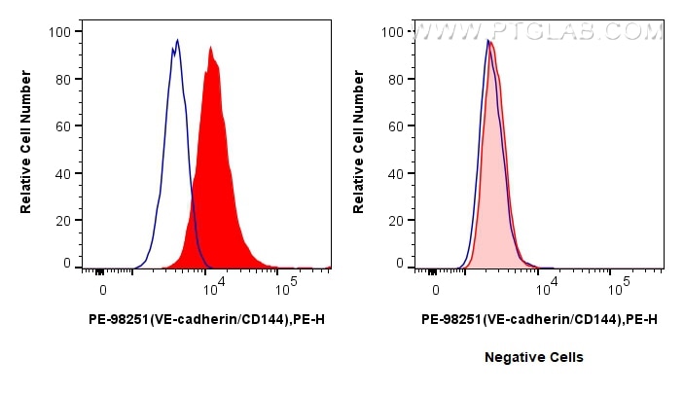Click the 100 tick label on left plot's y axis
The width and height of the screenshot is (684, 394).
pos(58,31)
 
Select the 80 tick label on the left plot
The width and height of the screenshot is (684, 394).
pos(61,79)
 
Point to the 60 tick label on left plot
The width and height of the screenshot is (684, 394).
pos(61,125)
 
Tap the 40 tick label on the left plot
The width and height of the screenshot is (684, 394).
pos(61,173)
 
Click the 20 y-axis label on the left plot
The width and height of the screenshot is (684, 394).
pos(61,220)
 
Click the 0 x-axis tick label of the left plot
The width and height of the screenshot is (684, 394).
pos(102,290)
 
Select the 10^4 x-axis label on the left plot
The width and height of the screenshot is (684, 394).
pos(212,288)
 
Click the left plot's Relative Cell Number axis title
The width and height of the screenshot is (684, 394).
pos(27,146)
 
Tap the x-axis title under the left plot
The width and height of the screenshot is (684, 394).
pos(205,318)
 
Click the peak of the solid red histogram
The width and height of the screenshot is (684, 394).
pos(210,47)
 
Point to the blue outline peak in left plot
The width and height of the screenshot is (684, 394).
pos(177,40)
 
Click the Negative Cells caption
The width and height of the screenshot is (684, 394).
pos(534,357)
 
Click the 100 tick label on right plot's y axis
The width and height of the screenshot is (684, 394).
pos(391,31)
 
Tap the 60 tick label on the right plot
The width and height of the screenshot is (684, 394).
pos(394,125)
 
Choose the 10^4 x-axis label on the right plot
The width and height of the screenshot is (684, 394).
pos(546,288)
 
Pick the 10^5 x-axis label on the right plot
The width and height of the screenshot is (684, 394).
pos(619,288)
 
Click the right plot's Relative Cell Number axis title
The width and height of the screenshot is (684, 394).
pos(359,146)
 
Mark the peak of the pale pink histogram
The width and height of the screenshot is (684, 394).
pos(491,42)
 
